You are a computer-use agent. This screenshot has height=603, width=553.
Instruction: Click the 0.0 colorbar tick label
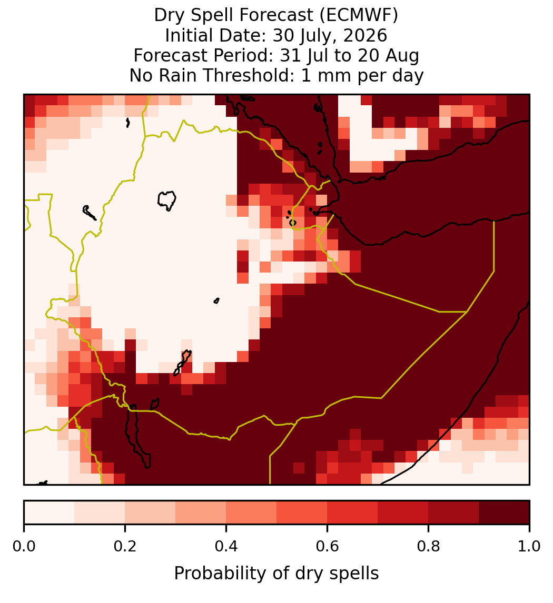[24, 547]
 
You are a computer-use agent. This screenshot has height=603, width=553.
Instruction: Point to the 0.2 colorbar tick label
[125, 547]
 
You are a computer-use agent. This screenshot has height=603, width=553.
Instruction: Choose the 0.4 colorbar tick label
[226, 547]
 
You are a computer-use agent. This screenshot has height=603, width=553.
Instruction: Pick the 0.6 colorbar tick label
[328, 547]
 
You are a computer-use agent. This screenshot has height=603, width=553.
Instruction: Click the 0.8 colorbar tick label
[428, 547]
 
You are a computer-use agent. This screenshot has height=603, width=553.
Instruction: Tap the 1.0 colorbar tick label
[529, 547]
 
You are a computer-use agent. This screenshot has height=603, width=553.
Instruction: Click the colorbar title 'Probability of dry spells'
[276, 574]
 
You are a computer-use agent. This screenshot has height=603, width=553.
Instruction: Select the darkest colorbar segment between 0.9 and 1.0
[504, 512]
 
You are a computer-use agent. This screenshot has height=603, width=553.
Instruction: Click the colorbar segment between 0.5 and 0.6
[302, 512]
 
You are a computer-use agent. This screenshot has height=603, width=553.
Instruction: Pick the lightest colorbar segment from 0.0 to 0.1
[50, 512]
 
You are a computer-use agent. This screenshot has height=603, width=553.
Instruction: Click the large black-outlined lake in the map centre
[166, 200]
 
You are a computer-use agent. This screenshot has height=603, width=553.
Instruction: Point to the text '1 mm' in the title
[327, 75]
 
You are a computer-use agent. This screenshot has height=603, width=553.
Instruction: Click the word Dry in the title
[170, 16]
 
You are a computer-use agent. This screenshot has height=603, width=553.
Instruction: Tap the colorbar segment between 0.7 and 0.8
[403, 512]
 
